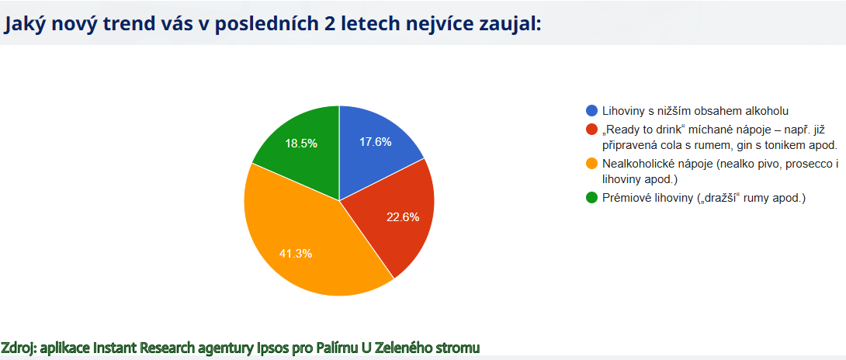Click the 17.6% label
point(375,142)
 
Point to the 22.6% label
point(403,217)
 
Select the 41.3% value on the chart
point(296,253)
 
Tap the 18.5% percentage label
point(301,144)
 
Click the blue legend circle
point(592,111)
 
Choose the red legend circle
point(592,130)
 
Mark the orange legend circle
point(592,163)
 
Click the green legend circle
point(592,198)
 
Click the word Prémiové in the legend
point(622,199)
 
